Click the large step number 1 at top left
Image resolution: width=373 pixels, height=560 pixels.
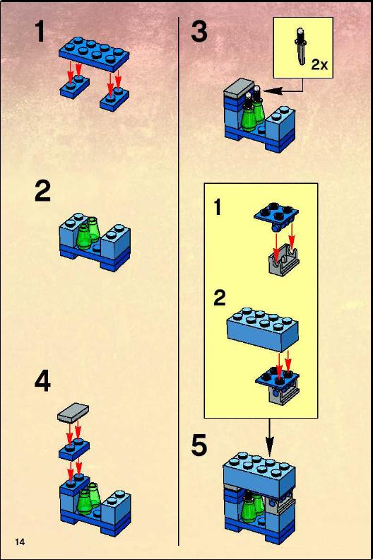pos(40,31)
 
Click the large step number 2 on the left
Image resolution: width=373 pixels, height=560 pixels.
pos(42,192)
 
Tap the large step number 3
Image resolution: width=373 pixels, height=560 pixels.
pos(199,31)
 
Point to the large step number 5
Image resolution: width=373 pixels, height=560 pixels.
pos(199,445)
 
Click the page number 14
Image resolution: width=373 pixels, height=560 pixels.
pos(20,542)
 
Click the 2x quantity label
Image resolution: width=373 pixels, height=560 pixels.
pos(319,64)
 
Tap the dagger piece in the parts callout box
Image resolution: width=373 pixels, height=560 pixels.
pos(301,47)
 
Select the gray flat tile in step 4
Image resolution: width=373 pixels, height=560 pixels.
pos(73,412)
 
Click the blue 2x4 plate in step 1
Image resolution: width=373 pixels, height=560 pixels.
pos(94,52)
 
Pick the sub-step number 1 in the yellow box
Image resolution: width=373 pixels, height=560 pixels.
pos(218,207)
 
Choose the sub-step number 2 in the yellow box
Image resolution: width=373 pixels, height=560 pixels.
pos(220,298)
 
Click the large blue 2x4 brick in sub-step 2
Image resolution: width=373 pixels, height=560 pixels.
pos(263,329)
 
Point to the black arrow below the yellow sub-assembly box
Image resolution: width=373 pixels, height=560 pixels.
pos(269,437)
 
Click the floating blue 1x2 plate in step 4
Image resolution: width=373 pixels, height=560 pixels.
pos(74,449)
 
